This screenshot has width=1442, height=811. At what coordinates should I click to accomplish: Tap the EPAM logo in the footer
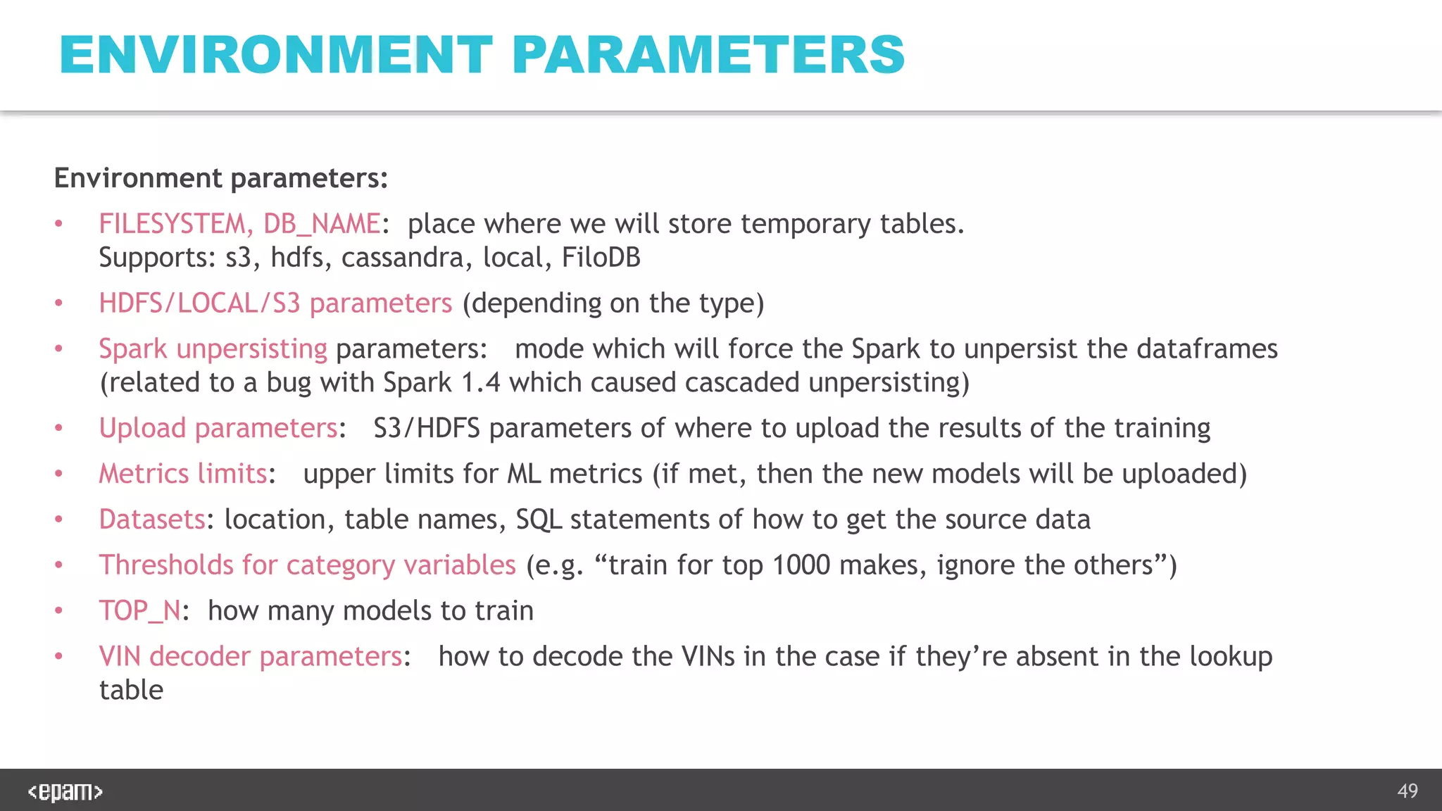click(x=65, y=791)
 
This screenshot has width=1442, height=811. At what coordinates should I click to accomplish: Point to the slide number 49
click(x=1407, y=791)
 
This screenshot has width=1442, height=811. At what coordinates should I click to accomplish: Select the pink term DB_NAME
click(x=322, y=224)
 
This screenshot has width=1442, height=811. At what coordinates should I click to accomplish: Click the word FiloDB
click(x=601, y=258)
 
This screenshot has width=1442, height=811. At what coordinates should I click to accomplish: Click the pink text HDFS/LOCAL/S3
click(x=199, y=303)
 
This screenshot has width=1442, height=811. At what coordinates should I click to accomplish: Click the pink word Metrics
click(x=144, y=474)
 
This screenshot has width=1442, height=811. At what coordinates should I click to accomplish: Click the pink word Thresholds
click(x=166, y=565)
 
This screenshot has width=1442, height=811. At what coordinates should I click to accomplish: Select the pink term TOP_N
click(x=140, y=611)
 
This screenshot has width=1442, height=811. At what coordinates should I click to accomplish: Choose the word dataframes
click(x=1207, y=349)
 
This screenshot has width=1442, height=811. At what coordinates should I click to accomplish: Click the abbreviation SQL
click(x=539, y=520)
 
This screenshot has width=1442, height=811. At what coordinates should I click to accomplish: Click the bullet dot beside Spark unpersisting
click(x=59, y=349)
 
